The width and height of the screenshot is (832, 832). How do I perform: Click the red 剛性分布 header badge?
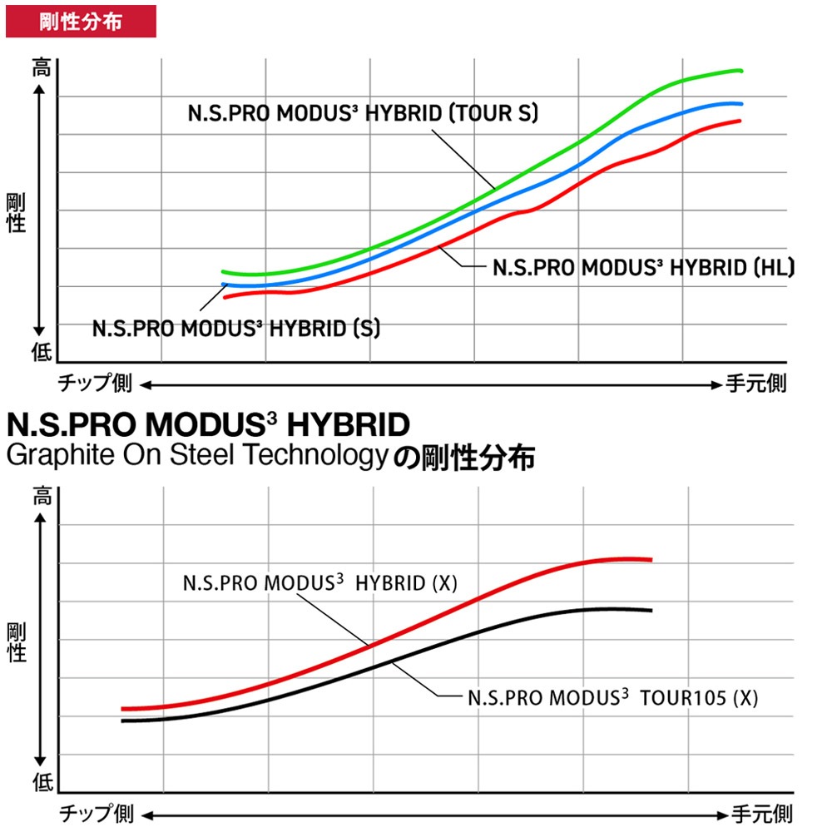click(81, 21)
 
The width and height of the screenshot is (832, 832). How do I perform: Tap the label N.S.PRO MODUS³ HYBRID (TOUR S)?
click(362, 113)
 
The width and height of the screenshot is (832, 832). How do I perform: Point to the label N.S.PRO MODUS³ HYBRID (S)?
click(236, 328)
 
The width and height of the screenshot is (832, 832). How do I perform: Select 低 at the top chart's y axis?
click(41, 353)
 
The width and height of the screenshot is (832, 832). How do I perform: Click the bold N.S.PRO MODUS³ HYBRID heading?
click(208, 425)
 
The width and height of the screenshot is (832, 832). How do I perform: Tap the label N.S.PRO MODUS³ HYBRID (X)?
click(320, 582)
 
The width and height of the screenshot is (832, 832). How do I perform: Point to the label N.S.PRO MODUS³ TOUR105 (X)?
click(612, 697)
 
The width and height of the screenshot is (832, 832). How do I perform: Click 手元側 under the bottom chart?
click(761, 813)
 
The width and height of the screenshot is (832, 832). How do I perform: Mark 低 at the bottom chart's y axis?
click(41, 782)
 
